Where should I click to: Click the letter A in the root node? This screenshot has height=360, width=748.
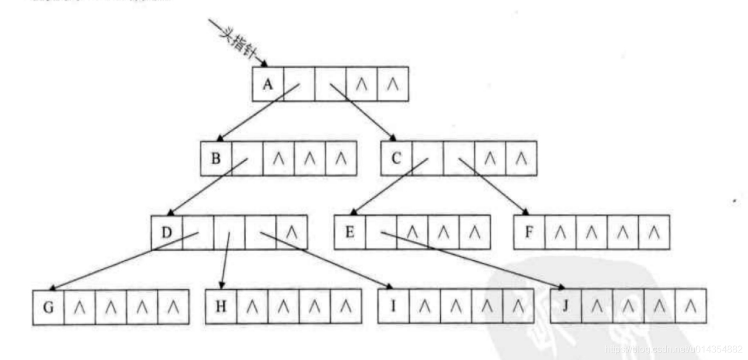click(x=268, y=84)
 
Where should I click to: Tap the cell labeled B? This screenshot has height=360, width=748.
click(x=216, y=158)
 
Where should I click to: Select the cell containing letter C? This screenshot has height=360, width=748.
click(x=396, y=158)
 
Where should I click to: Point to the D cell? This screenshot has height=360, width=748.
click(x=167, y=233)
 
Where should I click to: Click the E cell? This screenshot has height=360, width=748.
click(x=350, y=233)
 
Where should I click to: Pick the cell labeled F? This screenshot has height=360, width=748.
click(x=529, y=233)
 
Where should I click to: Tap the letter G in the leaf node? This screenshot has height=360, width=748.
click(x=48, y=306)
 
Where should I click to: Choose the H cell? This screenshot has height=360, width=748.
click(x=221, y=306)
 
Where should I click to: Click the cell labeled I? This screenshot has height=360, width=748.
click(x=393, y=306)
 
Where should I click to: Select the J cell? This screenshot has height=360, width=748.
click(x=566, y=306)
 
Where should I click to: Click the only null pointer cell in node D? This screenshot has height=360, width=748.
click(x=292, y=233)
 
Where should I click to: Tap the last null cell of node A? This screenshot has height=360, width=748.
click(x=393, y=84)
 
